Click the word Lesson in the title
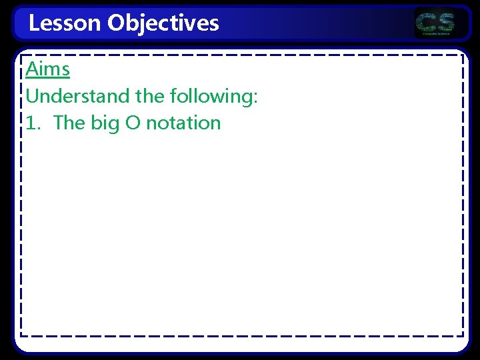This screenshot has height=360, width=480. coord(65,23)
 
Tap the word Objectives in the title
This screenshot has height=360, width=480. coord(163,23)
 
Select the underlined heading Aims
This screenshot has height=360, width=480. coord(47,69)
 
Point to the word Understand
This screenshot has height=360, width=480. coord(77,96)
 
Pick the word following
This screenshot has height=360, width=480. coord(210,96)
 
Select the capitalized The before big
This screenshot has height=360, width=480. coord(69,123)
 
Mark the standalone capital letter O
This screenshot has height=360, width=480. coord(133,123)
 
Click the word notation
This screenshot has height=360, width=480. coord(183,123)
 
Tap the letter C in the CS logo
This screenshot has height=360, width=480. coord(426,22)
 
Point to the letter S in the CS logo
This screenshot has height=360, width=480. coord(445,22)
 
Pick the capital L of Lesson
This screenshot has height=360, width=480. coord(34,23)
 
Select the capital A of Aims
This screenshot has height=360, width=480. coord(31,69)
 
